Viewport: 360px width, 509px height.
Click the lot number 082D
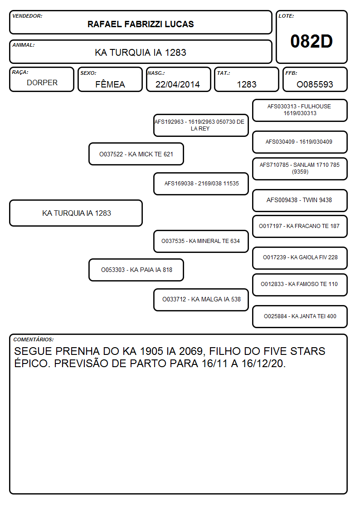[x=311, y=41]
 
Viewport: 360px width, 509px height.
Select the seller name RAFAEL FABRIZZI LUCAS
[x=141, y=24]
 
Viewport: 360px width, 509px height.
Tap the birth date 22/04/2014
[x=178, y=84]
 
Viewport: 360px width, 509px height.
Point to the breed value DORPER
[x=42, y=83]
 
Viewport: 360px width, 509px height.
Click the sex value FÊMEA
[x=110, y=84]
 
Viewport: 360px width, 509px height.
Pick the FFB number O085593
[x=315, y=84]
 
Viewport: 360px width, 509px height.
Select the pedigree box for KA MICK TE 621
[x=136, y=154]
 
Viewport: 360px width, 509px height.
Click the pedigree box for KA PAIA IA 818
[x=136, y=270]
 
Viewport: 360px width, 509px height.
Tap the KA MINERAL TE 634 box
[x=201, y=241]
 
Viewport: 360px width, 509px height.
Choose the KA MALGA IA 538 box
[x=201, y=300]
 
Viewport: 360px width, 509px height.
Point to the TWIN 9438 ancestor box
[x=300, y=200]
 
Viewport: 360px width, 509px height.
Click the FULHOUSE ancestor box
[x=300, y=111]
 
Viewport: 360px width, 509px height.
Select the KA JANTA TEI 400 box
[x=300, y=316]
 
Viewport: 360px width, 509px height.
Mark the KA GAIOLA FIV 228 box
[x=300, y=258]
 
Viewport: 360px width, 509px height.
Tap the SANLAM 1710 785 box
[x=300, y=169]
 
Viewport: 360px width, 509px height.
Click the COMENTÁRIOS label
[x=34, y=339]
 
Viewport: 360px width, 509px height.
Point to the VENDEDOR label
[x=27, y=16]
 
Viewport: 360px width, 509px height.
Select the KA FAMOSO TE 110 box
[x=300, y=285]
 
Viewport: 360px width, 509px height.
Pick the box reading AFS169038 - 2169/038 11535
[x=201, y=184]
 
